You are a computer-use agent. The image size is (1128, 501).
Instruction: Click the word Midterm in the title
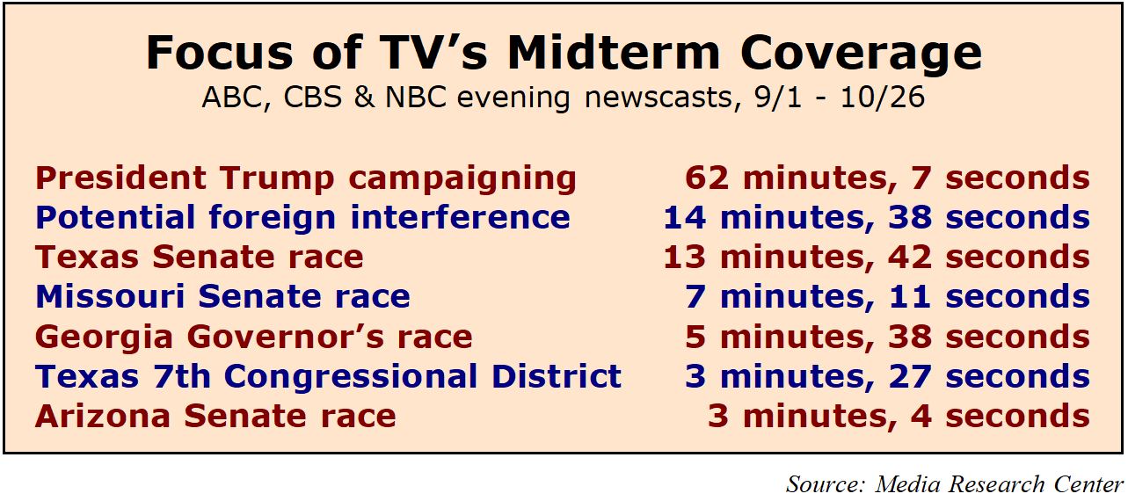(614, 53)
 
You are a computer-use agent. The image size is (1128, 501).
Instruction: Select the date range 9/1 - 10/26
(840, 97)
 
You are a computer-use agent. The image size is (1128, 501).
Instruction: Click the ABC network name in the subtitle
(231, 97)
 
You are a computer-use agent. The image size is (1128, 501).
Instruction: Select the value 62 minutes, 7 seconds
(887, 178)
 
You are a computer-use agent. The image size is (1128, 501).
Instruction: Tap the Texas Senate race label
(200, 257)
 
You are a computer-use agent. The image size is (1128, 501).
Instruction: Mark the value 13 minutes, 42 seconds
(877, 258)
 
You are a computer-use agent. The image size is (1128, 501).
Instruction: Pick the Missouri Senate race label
(222, 296)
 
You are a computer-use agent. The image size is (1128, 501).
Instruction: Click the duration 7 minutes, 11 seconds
(887, 298)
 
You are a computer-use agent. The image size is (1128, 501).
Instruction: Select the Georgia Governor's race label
(254, 338)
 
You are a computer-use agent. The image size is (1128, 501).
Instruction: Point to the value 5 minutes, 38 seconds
(887, 338)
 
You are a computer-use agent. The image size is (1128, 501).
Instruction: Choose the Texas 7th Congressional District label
(328, 378)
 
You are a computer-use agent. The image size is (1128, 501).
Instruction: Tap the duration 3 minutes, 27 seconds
(887, 377)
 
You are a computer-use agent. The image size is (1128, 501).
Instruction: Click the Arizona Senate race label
(215, 417)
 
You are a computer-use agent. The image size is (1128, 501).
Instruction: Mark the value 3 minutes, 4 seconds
(899, 417)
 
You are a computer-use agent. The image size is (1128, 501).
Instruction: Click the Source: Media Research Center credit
(955, 484)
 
